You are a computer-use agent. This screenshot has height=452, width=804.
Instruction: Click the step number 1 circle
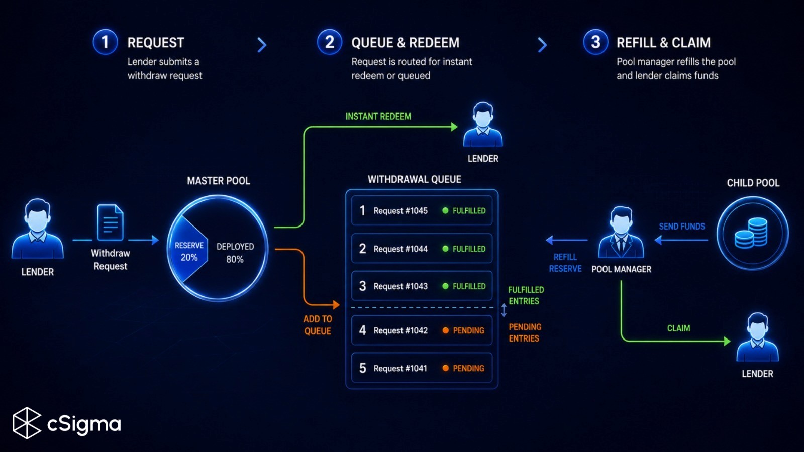(105, 42)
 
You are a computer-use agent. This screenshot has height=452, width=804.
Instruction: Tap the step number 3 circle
(595, 42)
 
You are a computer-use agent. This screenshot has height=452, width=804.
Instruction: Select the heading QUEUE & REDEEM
(405, 43)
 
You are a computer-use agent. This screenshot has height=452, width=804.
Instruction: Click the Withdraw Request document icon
(110, 222)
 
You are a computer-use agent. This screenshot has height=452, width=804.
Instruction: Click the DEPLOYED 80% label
(235, 253)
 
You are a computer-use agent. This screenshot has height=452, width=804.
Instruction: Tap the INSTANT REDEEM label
(378, 116)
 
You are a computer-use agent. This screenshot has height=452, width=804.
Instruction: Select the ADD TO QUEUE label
(318, 325)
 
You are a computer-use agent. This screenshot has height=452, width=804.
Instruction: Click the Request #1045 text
(400, 210)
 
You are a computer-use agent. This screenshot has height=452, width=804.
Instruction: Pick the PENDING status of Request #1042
(468, 330)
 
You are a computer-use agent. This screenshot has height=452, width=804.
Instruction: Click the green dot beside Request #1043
(445, 286)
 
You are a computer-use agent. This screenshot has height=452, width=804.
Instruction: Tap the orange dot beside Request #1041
(445, 368)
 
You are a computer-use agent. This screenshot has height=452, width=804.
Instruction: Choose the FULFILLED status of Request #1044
(469, 249)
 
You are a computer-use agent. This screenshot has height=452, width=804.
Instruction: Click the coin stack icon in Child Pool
(751, 233)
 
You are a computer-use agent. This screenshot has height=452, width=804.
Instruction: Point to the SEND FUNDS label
(682, 227)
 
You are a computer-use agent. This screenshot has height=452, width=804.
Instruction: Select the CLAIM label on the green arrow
(678, 328)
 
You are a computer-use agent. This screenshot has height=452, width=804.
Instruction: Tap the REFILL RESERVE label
(565, 263)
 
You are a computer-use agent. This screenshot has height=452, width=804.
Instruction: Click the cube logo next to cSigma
(27, 423)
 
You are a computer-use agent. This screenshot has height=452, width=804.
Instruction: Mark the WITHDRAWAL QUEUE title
(415, 179)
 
